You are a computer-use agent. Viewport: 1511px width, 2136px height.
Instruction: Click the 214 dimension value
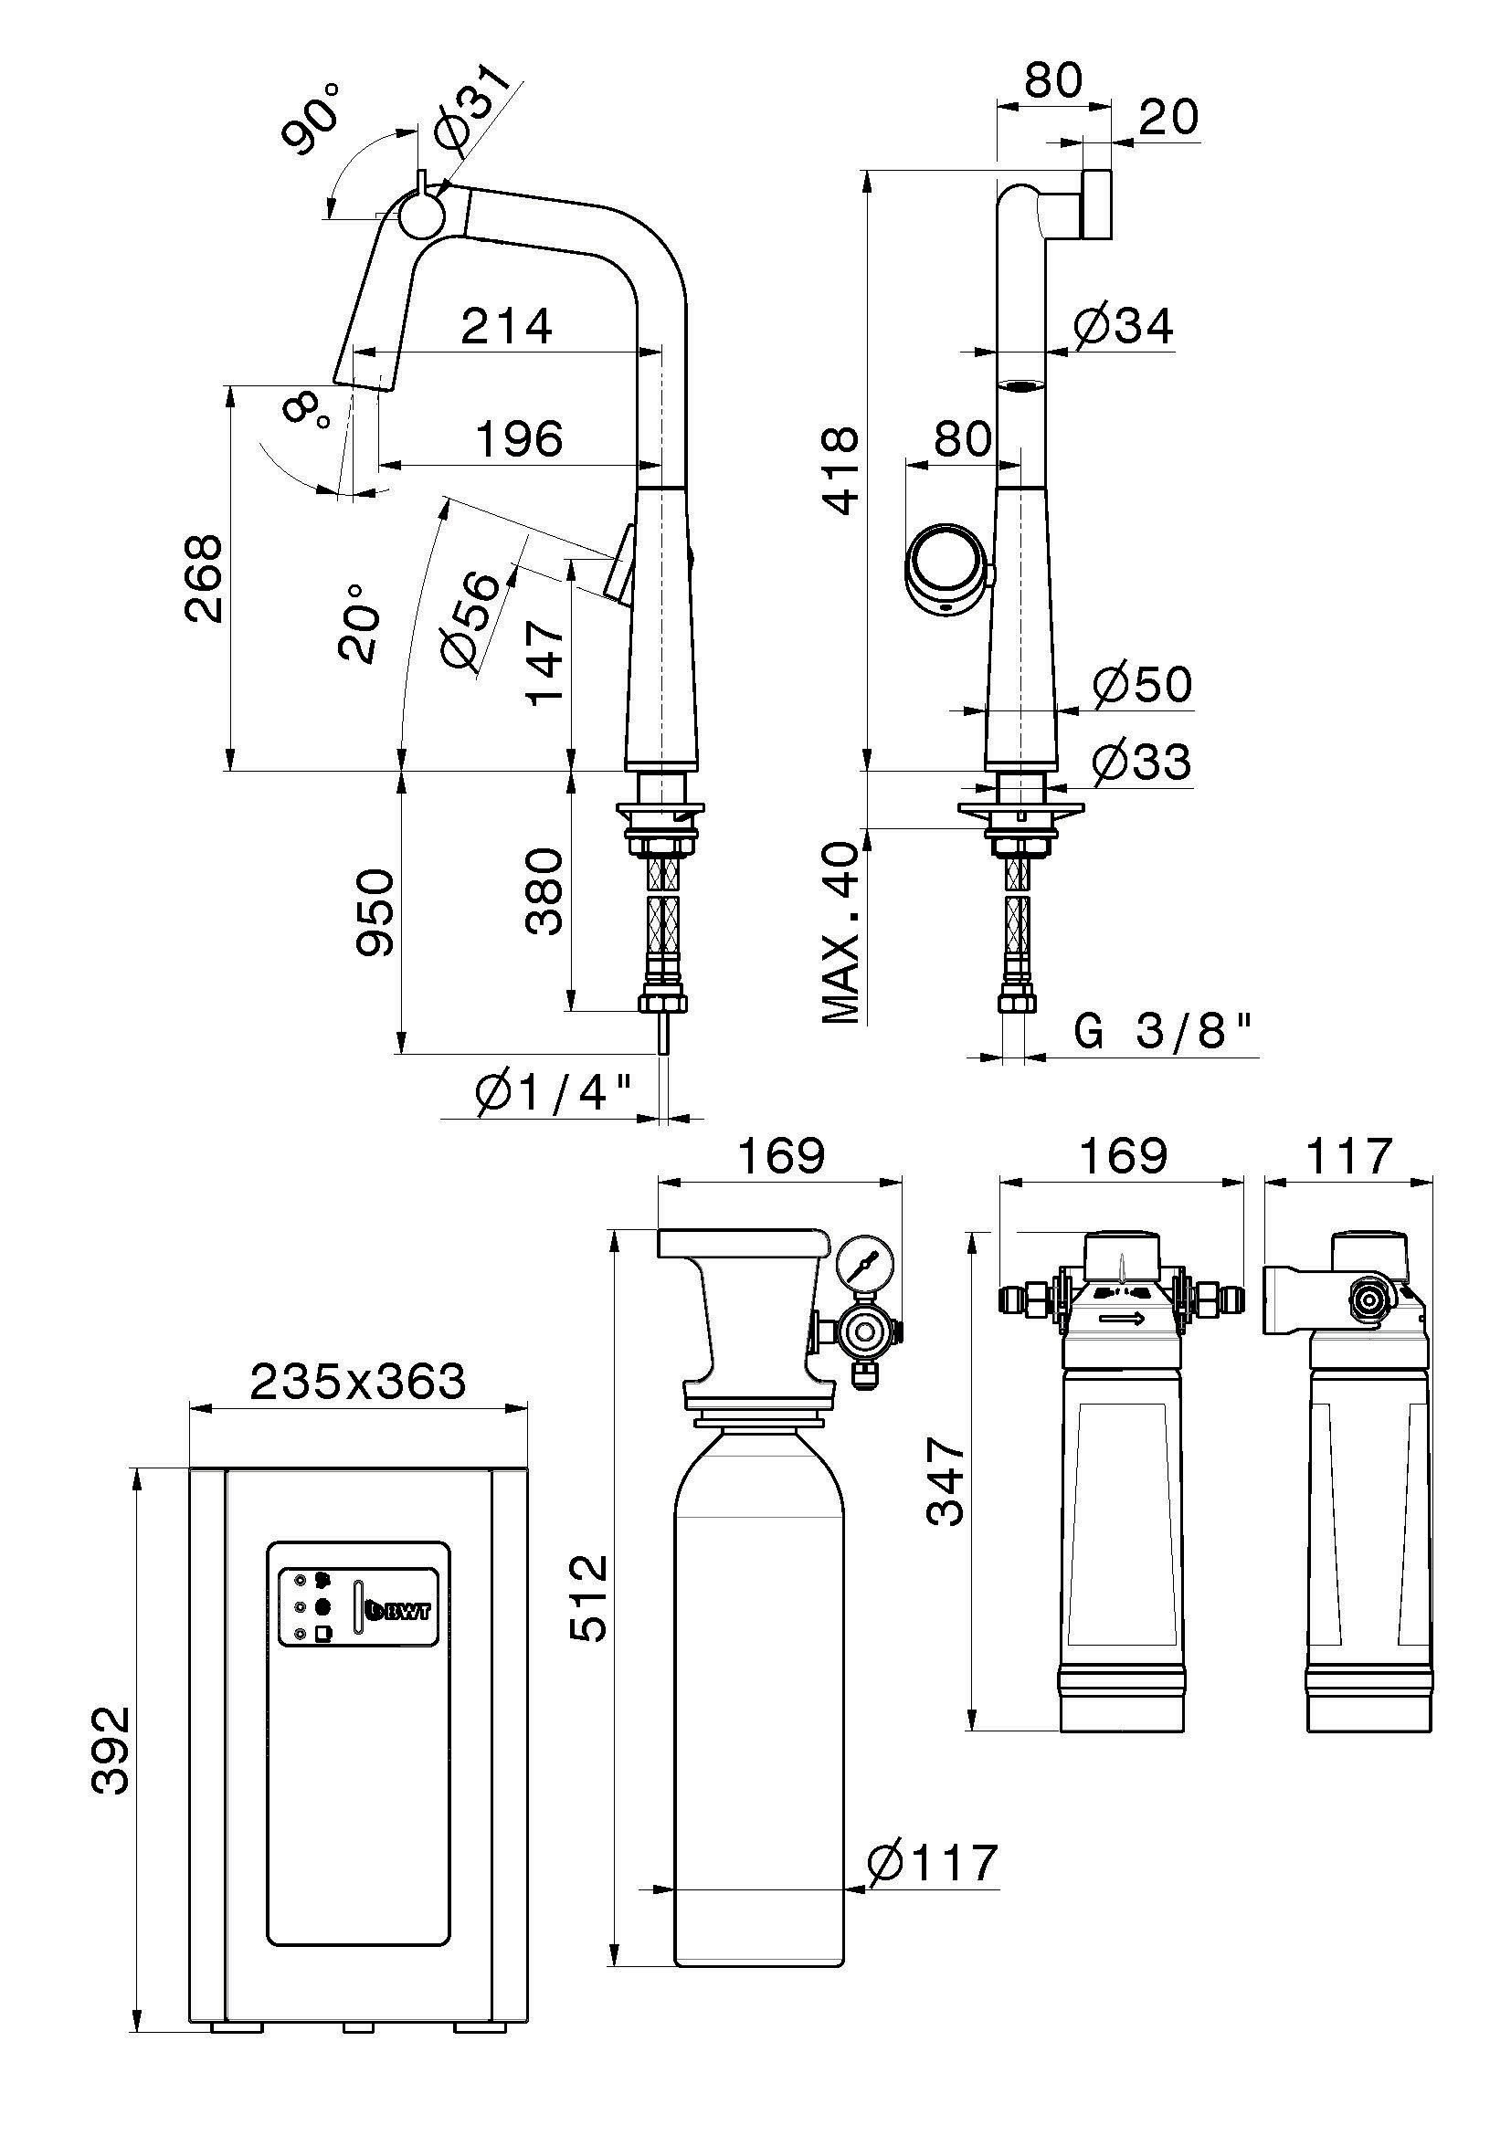point(506,327)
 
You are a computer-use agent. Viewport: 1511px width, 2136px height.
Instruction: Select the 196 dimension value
point(519,439)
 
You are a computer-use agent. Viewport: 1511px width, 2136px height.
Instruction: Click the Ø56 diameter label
point(471,620)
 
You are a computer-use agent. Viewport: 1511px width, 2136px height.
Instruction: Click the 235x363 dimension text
point(357,1383)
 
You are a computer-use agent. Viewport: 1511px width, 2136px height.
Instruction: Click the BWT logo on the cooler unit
point(399,1608)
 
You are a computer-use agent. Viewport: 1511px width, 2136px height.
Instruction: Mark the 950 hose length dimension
point(375,911)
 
